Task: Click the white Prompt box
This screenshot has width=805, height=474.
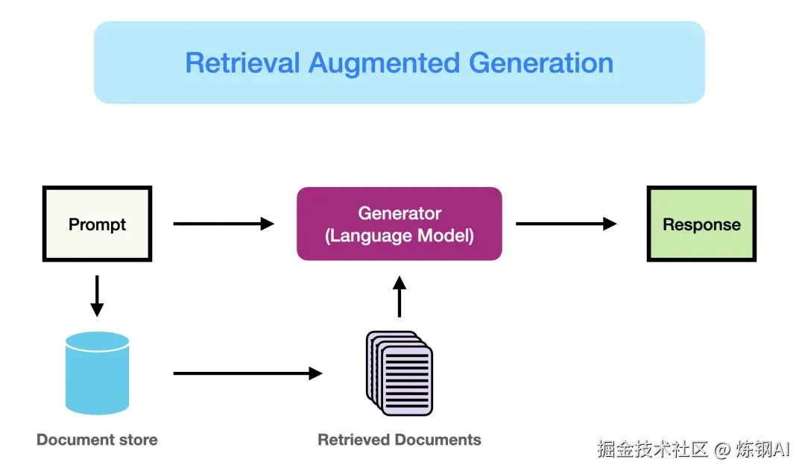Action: point(97,224)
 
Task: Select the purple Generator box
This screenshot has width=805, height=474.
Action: point(399,224)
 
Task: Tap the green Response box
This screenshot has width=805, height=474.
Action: point(701,224)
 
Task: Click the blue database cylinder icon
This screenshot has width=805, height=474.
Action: point(97,373)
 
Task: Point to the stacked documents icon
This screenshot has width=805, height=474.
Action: point(400,373)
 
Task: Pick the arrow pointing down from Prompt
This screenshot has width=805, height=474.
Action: point(97,296)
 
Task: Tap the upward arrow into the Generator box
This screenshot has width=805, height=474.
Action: point(400,296)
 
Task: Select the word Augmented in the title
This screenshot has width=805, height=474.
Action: point(385,63)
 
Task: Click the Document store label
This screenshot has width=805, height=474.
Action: point(97,440)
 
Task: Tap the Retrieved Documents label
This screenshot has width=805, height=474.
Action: point(400,440)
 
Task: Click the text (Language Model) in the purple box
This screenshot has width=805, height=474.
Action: point(400,236)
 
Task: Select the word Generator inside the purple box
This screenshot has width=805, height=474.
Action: point(400,213)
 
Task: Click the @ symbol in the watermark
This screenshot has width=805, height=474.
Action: point(721,449)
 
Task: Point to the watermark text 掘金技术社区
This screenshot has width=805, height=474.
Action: point(652,449)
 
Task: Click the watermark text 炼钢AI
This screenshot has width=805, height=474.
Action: point(762,449)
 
